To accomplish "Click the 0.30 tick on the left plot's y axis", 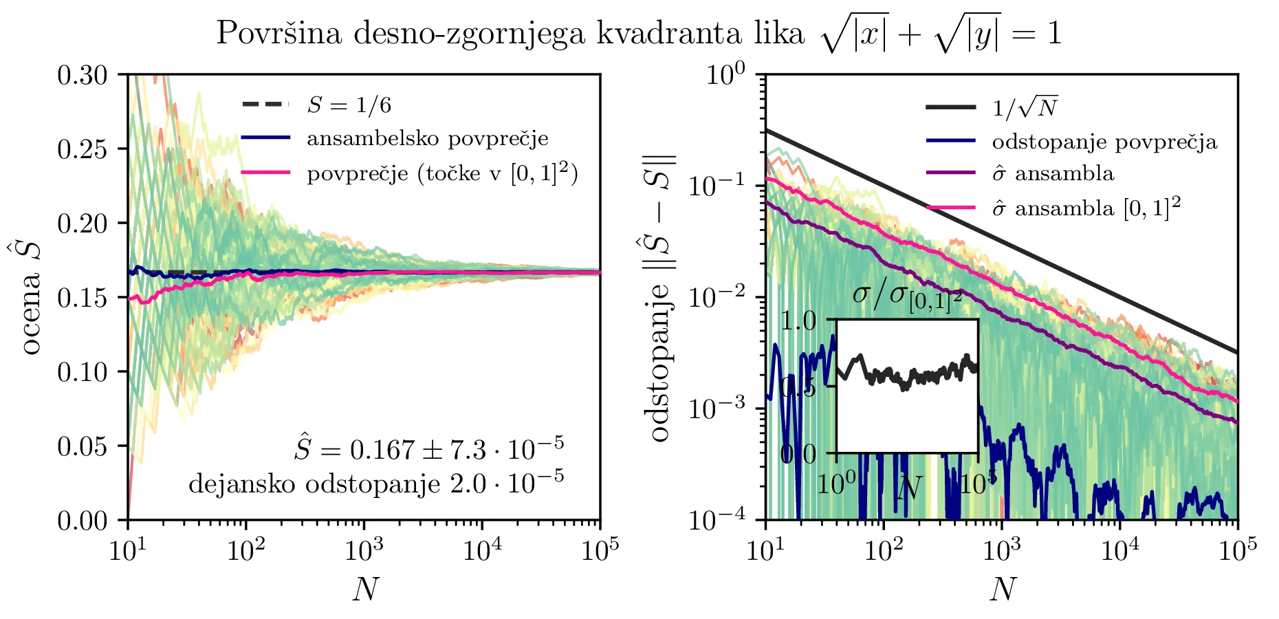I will point(83,74).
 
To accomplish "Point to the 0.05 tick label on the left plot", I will point(83,446).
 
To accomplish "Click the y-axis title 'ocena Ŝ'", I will point(31,297).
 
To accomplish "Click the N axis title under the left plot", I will point(365,589).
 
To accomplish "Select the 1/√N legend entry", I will point(1025,107).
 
